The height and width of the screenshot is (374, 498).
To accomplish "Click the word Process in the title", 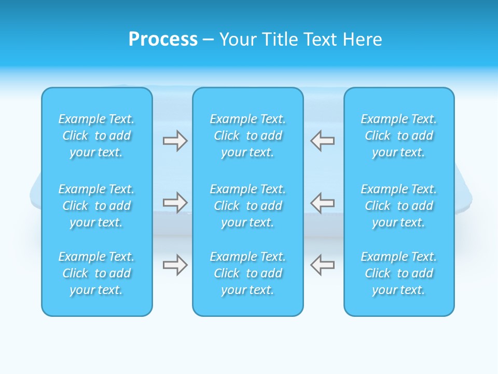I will [163, 39].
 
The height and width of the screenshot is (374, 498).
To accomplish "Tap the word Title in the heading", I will [281, 39].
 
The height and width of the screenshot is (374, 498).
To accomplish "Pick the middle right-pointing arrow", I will [175, 202].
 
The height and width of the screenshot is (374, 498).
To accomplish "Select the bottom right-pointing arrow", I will [175, 265].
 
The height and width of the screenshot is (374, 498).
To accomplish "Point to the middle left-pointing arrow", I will [323, 202].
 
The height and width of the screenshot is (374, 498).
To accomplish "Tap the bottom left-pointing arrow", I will [323, 265].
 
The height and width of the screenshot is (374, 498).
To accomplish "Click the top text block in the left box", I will [96, 136].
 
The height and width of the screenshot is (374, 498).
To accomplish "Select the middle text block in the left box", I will [96, 206].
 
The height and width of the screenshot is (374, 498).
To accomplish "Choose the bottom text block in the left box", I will [96, 273].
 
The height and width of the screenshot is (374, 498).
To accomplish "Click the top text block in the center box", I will [248, 136].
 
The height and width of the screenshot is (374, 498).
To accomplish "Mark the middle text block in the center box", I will [248, 206].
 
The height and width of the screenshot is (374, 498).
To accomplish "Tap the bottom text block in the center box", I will [248, 273].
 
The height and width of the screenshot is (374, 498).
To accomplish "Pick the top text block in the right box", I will [399, 136].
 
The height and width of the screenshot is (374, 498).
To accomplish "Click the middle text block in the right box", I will [399, 206].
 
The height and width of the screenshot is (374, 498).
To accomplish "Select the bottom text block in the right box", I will [399, 273].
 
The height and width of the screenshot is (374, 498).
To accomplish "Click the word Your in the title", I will [238, 39].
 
